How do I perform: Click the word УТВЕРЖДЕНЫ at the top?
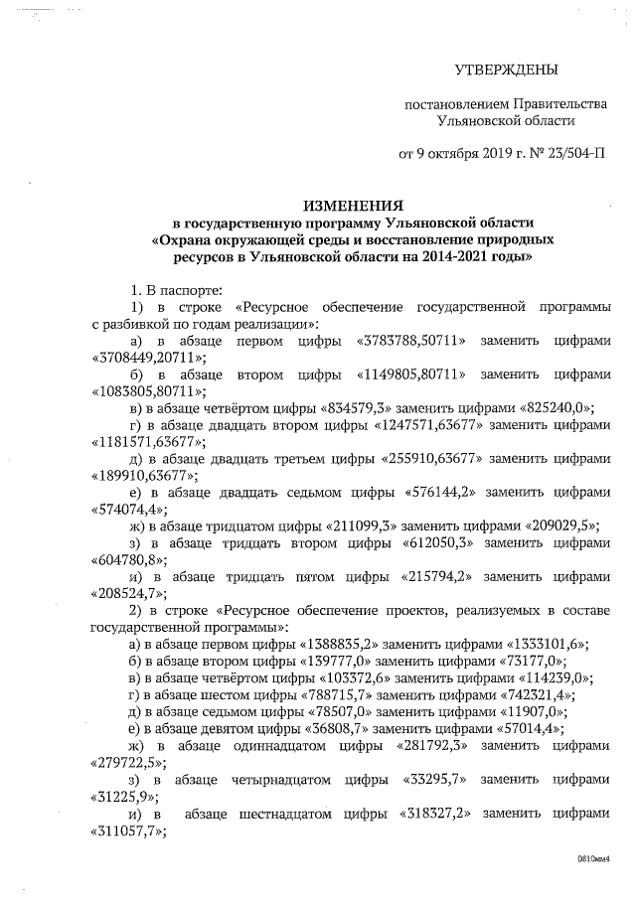point(506,70)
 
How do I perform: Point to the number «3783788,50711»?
point(410,340)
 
